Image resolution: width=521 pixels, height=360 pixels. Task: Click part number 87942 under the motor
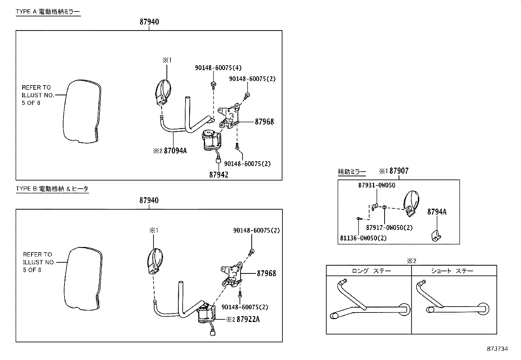[x=219, y=175]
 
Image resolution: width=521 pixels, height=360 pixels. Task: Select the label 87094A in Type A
[x=175, y=151]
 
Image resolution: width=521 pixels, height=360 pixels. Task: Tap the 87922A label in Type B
[x=248, y=319]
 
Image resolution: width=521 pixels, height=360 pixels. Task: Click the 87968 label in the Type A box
[x=264, y=122]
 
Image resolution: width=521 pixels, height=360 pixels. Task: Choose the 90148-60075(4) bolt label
[x=218, y=68]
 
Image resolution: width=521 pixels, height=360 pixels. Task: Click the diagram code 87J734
[x=497, y=349]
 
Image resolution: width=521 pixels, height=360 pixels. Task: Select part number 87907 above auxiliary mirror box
[x=399, y=171]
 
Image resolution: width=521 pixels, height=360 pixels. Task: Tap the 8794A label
[x=437, y=212]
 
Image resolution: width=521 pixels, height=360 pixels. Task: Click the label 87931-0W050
[x=376, y=185]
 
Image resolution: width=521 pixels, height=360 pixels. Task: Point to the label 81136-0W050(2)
[x=363, y=238]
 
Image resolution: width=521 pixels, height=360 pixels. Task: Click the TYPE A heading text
[x=48, y=12]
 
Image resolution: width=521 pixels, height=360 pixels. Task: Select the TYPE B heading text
[x=52, y=189]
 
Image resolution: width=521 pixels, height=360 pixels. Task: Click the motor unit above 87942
[x=212, y=141]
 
